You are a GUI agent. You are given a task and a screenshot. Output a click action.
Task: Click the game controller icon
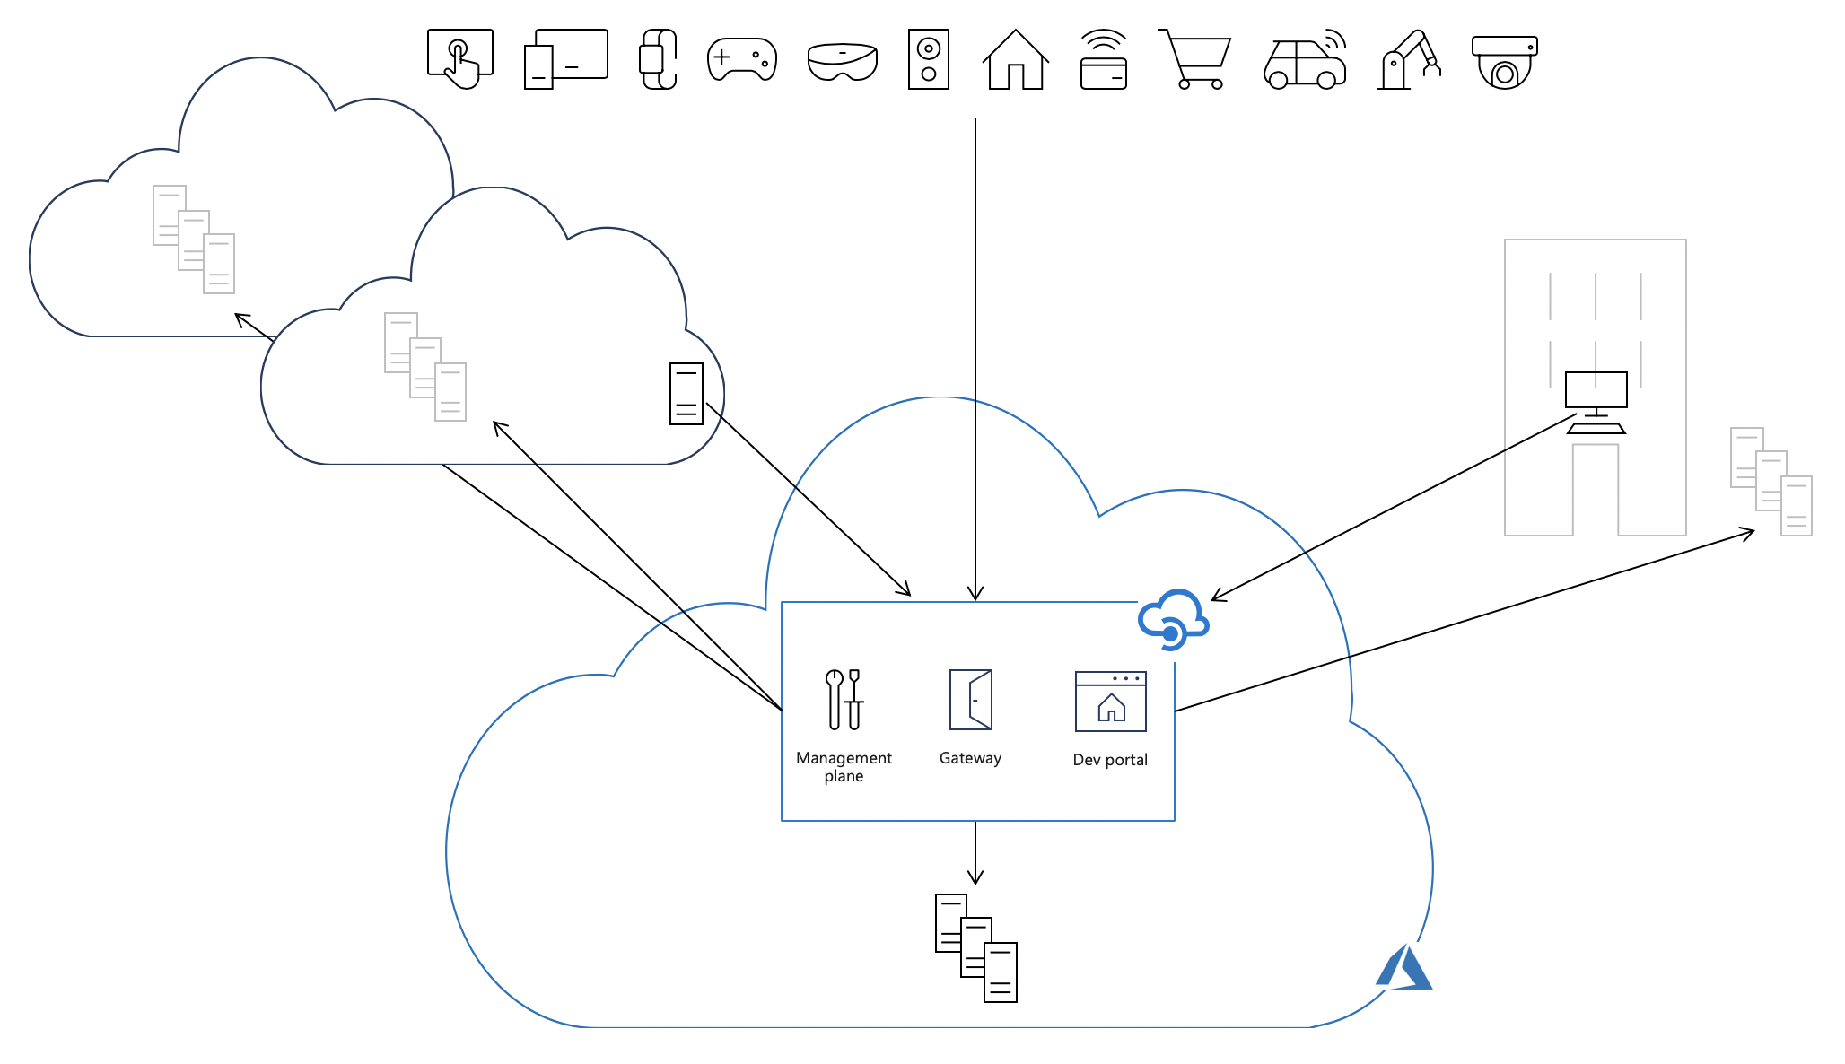(742, 59)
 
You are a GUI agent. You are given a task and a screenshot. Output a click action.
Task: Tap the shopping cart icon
(1196, 60)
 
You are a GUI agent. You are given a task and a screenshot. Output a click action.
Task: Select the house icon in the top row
(1015, 60)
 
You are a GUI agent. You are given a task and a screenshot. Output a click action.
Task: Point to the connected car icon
(1306, 61)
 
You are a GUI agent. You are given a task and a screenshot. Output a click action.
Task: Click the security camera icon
(1505, 62)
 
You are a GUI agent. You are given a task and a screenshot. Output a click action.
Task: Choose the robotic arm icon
(1409, 61)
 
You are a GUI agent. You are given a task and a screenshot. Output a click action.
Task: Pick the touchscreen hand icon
(460, 59)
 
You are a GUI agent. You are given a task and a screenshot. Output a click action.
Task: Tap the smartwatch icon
(658, 59)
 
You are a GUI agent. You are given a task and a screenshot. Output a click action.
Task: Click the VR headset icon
(842, 61)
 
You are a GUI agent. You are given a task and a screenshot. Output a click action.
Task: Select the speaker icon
(929, 59)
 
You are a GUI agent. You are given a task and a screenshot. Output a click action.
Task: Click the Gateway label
(970, 758)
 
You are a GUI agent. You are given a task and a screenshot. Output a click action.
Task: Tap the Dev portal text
(1110, 760)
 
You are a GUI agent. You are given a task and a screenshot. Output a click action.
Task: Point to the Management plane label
(844, 767)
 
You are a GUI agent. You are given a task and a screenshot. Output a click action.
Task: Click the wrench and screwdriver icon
(844, 699)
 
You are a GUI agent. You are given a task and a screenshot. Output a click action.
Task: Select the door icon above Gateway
(971, 699)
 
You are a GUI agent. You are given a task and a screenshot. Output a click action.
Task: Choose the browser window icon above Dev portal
(1111, 702)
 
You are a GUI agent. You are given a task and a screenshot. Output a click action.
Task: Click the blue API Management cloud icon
(1173, 619)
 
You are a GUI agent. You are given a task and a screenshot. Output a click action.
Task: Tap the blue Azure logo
(1403, 968)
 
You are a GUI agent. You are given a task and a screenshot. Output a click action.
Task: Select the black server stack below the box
(976, 947)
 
